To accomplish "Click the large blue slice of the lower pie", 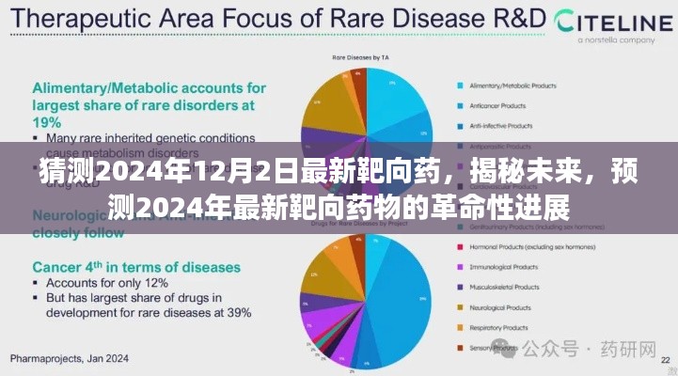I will [404, 301].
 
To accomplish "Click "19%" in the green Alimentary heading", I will [49, 122].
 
